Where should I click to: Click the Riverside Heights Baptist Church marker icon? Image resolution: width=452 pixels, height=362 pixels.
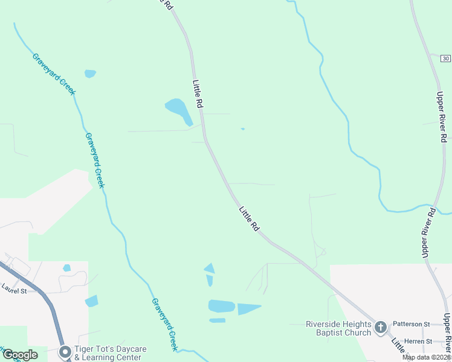pyautogui.click(x=381, y=328)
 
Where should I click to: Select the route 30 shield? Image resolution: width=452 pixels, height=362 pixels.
pyautogui.click(x=445, y=58)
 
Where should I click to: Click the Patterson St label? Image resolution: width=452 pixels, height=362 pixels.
pyautogui.click(x=411, y=324)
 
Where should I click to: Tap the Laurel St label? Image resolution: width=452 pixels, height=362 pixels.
pyautogui.click(x=15, y=290)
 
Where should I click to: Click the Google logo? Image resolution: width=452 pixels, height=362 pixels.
pyautogui.click(x=20, y=355)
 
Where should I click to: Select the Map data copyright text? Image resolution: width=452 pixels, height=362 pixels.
pyautogui.click(x=427, y=357)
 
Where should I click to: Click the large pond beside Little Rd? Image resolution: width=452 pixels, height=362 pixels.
pyautogui.click(x=177, y=109)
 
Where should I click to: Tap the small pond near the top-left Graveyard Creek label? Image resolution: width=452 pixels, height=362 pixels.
pyautogui.click(x=90, y=74)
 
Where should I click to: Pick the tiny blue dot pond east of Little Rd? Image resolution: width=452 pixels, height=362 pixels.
pyautogui.click(x=242, y=129)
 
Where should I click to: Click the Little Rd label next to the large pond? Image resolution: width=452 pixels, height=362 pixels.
pyautogui.click(x=197, y=94)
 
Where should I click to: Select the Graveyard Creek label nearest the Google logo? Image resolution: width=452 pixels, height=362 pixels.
pyautogui.click(x=164, y=325)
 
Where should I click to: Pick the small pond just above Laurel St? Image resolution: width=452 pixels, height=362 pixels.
pyautogui.click(x=66, y=268)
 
